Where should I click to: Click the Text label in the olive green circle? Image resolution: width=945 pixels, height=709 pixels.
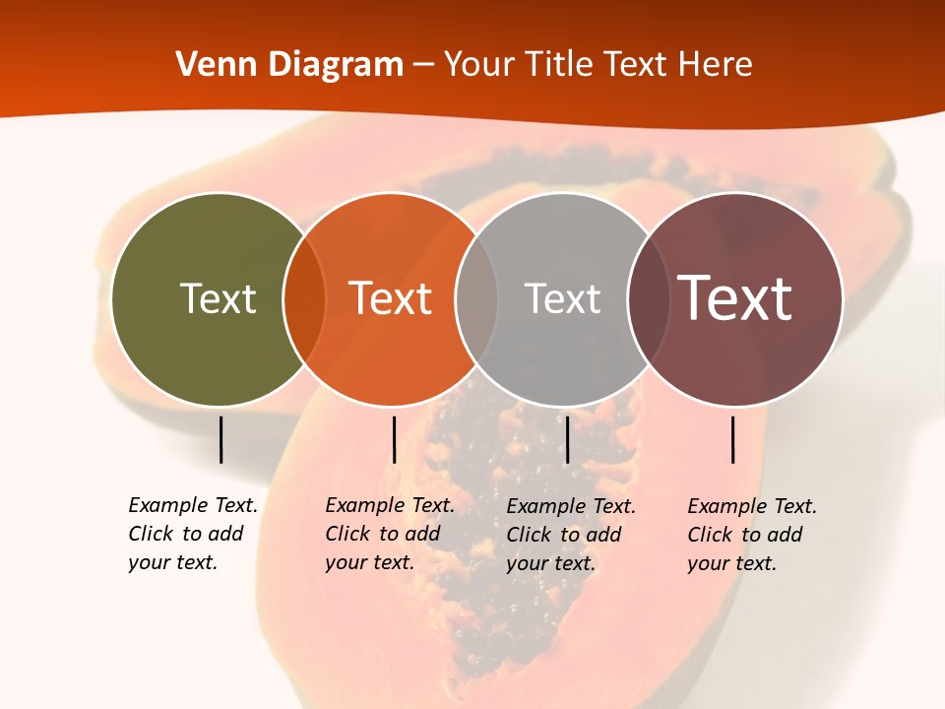218,298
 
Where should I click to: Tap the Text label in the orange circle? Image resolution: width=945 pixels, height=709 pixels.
391,298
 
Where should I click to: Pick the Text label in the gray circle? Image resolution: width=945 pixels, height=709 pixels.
562,298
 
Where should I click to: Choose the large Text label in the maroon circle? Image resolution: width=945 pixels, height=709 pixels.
735,298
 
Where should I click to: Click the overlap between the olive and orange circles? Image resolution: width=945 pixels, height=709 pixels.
304,299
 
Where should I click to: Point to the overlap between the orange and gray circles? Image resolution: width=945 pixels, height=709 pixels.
476,299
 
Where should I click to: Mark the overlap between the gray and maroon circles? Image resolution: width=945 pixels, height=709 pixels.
649,299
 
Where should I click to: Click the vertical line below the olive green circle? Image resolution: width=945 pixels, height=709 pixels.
220,439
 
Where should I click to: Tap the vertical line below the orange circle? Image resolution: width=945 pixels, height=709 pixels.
394,439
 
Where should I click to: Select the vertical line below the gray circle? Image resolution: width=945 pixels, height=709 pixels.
567,439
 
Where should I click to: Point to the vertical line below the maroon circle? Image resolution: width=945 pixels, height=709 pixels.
732,439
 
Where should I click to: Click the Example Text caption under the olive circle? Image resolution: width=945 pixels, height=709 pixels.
193,534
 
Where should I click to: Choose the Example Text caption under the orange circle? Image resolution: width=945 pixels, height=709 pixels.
390,534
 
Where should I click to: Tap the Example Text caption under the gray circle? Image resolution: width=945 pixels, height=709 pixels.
571,535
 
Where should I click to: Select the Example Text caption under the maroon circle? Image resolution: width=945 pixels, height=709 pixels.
752,535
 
